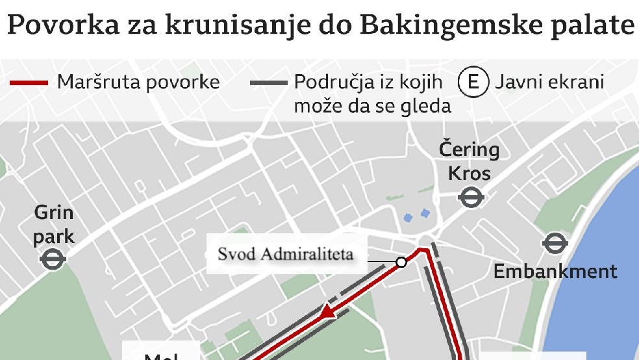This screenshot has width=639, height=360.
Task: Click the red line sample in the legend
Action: click(x=28, y=83)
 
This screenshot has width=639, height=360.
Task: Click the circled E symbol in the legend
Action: click(x=473, y=83)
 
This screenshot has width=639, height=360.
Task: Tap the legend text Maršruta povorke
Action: click(x=138, y=83)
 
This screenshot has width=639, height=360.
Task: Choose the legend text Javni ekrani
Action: click(x=549, y=83)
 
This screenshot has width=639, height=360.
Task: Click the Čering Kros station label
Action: click(x=469, y=162)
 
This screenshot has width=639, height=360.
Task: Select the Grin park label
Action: click(x=53, y=224)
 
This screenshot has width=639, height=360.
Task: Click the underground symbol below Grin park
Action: click(x=53, y=260)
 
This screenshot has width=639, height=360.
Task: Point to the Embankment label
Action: click(x=555, y=271)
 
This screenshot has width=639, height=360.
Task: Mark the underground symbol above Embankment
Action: click(x=555, y=244)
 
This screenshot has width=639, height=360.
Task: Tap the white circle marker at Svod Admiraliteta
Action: click(x=401, y=262)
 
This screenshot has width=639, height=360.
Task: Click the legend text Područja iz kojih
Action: click(x=368, y=83)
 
